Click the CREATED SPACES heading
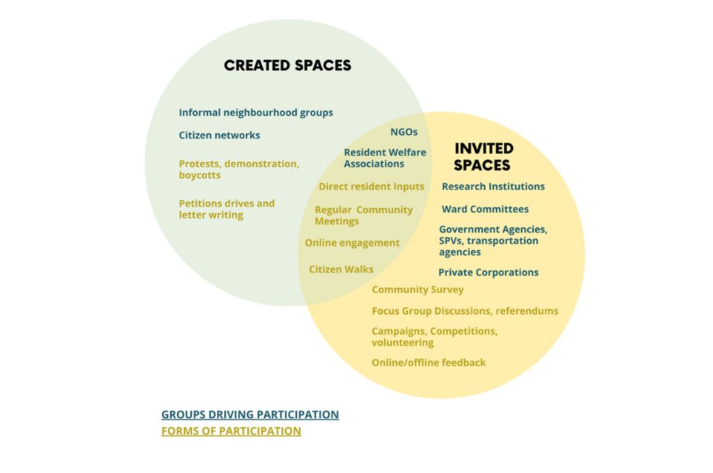pyautogui.click(x=288, y=65)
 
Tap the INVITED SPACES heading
pyautogui.click(x=484, y=157)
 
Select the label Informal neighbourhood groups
pyautogui.click(x=256, y=113)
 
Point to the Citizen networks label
pyautogui.click(x=219, y=135)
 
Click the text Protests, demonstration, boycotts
pyautogui.click(x=239, y=170)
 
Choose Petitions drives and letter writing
pyautogui.click(x=226, y=209)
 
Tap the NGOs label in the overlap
pyautogui.click(x=404, y=131)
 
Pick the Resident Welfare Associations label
pyautogui.click(x=384, y=158)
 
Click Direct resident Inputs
pyautogui.click(x=371, y=186)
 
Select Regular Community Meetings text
pyautogui.click(x=363, y=216)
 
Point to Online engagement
pyautogui.click(x=352, y=243)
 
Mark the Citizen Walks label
pyautogui.click(x=341, y=269)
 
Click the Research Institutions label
pyautogui.click(x=493, y=186)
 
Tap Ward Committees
pyautogui.click(x=485, y=209)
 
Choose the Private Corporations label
pyautogui.click(x=488, y=272)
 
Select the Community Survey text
pyautogui.click(x=418, y=289)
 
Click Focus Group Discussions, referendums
pyautogui.click(x=464, y=311)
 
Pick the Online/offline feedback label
pyautogui.click(x=428, y=362)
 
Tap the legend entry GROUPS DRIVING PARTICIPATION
pyautogui.click(x=250, y=415)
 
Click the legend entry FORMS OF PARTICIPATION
pyautogui.click(x=231, y=431)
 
